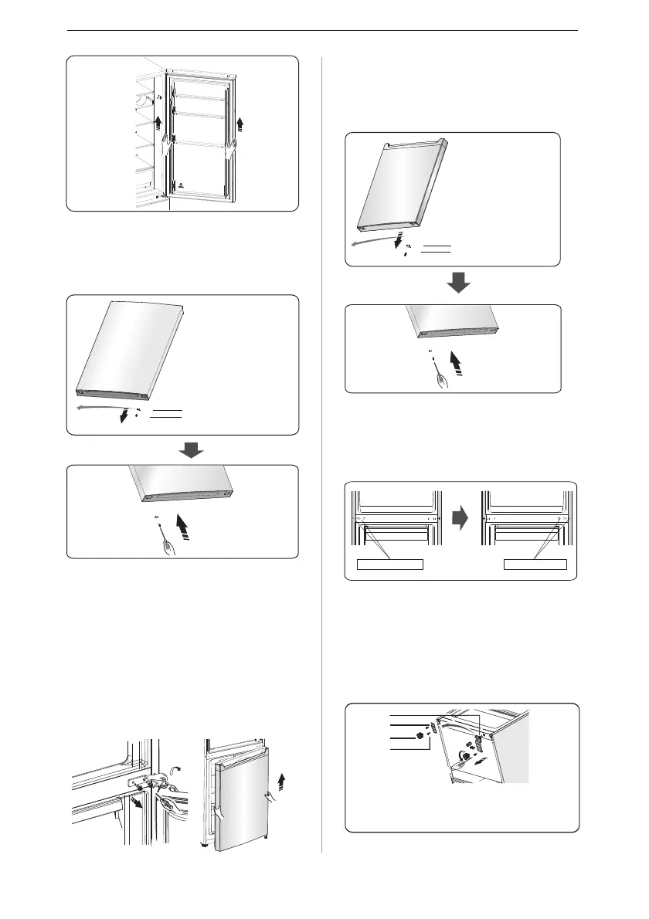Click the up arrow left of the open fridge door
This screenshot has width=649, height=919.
(x=158, y=121)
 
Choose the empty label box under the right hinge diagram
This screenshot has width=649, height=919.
(x=535, y=564)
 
